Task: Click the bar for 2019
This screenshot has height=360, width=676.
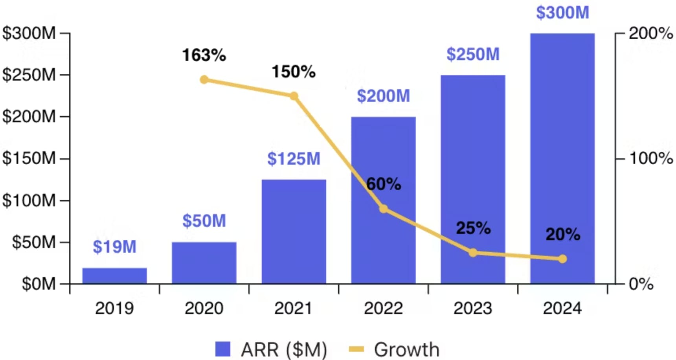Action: pyautogui.click(x=114, y=276)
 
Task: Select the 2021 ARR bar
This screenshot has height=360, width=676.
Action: pyautogui.click(x=294, y=231)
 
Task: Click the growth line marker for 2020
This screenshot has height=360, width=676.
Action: pyautogui.click(x=204, y=80)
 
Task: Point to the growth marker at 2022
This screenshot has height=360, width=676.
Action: pyautogui.click(x=384, y=209)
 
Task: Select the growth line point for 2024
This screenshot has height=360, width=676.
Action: pyautogui.click(x=562, y=259)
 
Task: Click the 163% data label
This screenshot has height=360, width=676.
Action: pyautogui.click(x=204, y=55)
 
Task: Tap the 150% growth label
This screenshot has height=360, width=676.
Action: pyautogui.click(x=294, y=72)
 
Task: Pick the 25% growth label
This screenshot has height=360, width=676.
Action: pyautogui.click(x=473, y=228)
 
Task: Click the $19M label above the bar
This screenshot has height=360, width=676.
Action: pyautogui.click(x=114, y=247)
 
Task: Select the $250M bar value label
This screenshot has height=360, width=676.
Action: pyautogui.click(x=473, y=54)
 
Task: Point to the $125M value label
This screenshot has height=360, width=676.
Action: pyautogui.click(x=294, y=159)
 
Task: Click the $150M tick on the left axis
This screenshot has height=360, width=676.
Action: pyautogui.click(x=29, y=158)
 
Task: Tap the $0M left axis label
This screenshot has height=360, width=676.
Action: pyautogui.click(x=38, y=283)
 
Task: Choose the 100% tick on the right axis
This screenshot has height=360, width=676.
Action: pyautogui.click(x=651, y=158)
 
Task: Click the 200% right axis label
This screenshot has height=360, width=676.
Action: pyautogui.click(x=651, y=33)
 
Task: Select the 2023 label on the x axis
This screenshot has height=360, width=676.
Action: pyautogui.click(x=473, y=308)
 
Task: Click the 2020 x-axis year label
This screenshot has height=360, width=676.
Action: pyautogui.click(x=204, y=308)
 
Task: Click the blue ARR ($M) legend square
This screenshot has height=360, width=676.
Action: pyautogui.click(x=223, y=349)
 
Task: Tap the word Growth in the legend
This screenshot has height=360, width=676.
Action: pyautogui.click(x=406, y=349)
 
